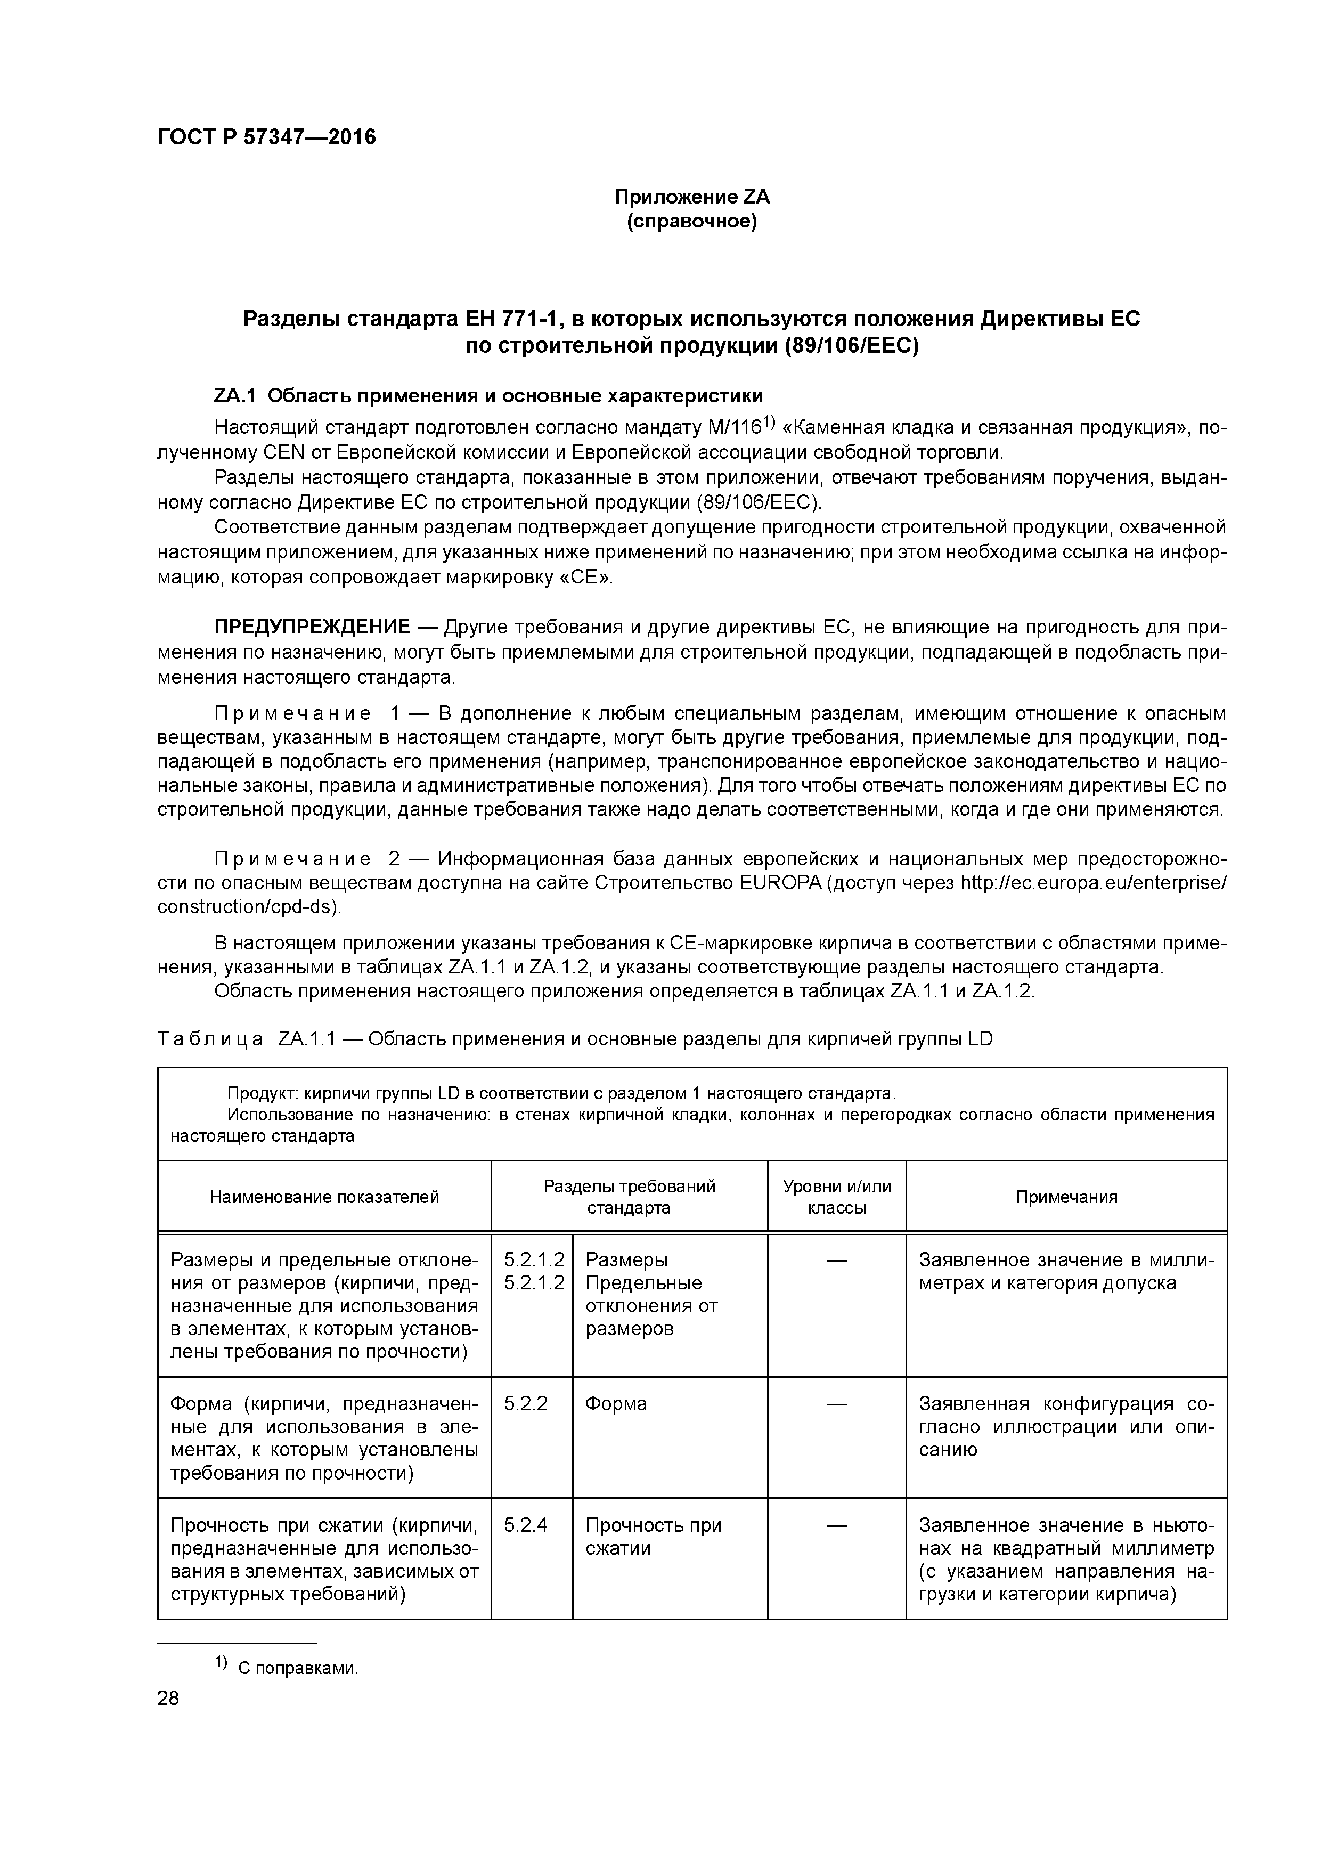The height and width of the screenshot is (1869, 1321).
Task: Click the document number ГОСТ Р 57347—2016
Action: point(266,137)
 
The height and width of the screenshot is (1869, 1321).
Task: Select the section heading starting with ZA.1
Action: point(488,396)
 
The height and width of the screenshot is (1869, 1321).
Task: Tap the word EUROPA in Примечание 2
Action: point(781,883)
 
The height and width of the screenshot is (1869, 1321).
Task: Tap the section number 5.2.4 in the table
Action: point(525,1525)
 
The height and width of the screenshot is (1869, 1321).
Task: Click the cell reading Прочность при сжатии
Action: point(653,1537)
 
